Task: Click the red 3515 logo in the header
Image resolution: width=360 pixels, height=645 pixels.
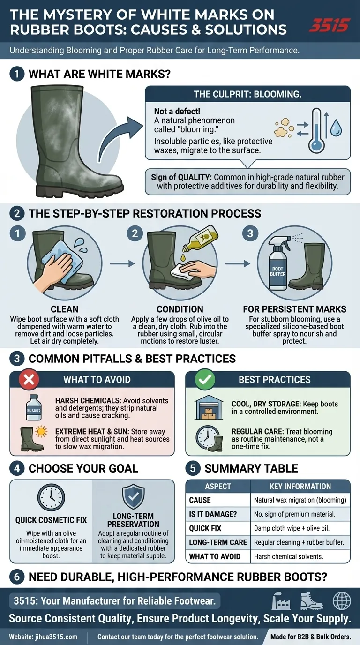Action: point(330,25)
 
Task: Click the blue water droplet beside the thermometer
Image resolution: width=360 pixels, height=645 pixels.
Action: point(336,127)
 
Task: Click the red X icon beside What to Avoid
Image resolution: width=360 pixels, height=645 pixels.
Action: point(29,380)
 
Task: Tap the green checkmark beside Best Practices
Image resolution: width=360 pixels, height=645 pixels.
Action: point(205,380)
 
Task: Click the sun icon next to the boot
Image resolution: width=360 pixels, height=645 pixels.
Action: point(41,432)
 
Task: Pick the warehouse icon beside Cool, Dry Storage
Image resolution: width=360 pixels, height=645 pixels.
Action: point(209,407)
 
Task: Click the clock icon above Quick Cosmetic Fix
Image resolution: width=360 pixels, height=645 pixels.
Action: point(51,497)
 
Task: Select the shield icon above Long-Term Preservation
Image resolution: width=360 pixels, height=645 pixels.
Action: point(133,497)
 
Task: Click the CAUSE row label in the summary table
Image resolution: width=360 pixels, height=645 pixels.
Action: point(200,500)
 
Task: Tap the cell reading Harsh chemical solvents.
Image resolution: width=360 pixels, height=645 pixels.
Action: point(288,556)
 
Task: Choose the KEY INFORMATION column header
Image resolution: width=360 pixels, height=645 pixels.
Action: point(300,487)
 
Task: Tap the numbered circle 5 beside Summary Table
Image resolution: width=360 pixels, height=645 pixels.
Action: point(193,468)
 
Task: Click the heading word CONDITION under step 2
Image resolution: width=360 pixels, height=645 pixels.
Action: point(180,309)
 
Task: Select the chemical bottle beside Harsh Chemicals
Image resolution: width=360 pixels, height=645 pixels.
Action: point(34,407)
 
